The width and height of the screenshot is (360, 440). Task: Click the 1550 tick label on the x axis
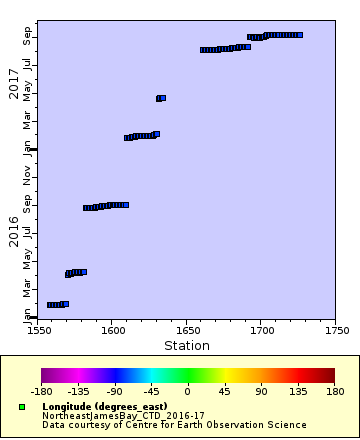click(x=40, y=332)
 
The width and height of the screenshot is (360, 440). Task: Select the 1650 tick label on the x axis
click(x=187, y=332)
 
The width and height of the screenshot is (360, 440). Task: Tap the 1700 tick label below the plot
click(x=262, y=332)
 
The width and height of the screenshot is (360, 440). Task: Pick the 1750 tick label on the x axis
click(x=336, y=332)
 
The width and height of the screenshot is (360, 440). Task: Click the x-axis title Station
click(x=187, y=346)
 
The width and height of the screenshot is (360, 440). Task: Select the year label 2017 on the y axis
click(x=14, y=83)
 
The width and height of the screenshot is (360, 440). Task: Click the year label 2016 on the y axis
click(x=14, y=231)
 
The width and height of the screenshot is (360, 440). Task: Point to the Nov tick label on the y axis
click(x=28, y=177)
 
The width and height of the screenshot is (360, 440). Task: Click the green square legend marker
click(x=22, y=407)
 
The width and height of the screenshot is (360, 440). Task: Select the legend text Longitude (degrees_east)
click(x=104, y=407)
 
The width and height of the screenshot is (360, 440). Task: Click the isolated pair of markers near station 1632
click(x=161, y=98)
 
